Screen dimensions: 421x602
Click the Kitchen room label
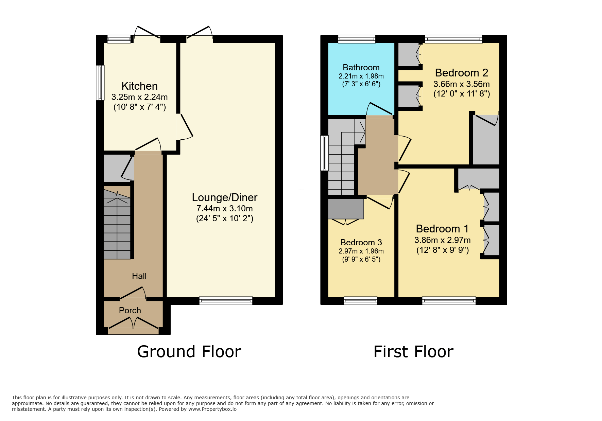pyautogui.click(x=139, y=86)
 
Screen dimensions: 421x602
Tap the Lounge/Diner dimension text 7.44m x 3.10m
pyautogui.click(x=224, y=208)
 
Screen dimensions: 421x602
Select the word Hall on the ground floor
pyautogui.click(x=139, y=276)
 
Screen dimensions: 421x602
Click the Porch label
pyautogui.click(x=130, y=310)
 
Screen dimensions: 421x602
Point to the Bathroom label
pyautogui.click(x=361, y=67)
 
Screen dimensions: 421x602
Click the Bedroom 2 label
pyautogui.click(x=461, y=73)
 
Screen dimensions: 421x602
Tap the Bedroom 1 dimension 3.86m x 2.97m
pyautogui.click(x=442, y=240)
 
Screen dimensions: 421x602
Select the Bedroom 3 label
pyautogui.click(x=361, y=242)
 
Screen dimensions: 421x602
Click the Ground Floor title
pyautogui.click(x=189, y=351)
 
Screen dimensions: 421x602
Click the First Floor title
pyautogui.click(x=413, y=351)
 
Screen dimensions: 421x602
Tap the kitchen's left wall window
pyautogui.click(x=100, y=83)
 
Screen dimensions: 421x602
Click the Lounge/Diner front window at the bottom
pyautogui.click(x=226, y=300)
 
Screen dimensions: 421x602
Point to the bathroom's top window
pyautogui.click(x=357, y=39)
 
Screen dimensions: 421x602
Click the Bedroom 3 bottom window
pyautogui.click(x=360, y=300)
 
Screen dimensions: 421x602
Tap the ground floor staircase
pyautogui.click(x=117, y=224)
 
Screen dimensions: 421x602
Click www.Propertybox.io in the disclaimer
pyautogui.click(x=212, y=409)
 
